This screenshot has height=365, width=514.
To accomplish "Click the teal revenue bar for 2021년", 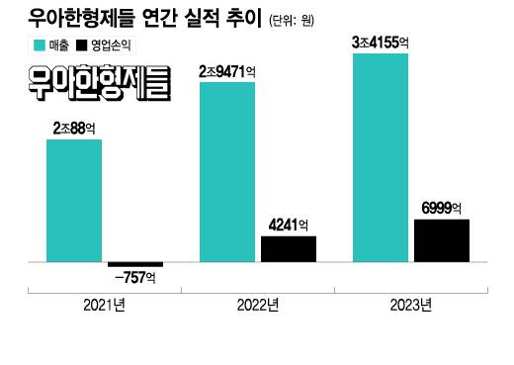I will click(74, 201).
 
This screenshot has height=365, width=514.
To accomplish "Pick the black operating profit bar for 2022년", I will click(289, 249).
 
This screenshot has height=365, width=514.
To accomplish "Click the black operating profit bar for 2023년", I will click(442, 240).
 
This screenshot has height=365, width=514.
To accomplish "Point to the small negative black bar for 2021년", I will click(135, 264).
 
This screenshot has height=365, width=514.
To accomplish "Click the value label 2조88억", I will click(74, 129).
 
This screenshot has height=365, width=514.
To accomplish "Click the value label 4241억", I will click(289, 224).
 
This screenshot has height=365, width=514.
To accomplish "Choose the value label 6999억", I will click(442, 207).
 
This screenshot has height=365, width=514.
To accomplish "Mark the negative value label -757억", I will click(135, 277).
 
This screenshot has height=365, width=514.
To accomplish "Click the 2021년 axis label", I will click(104, 305).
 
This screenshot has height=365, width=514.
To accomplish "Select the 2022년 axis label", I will click(258, 305).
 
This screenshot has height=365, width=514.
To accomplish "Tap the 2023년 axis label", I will click(410, 305).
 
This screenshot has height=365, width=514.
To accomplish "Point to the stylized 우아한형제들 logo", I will click(100, 84).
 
